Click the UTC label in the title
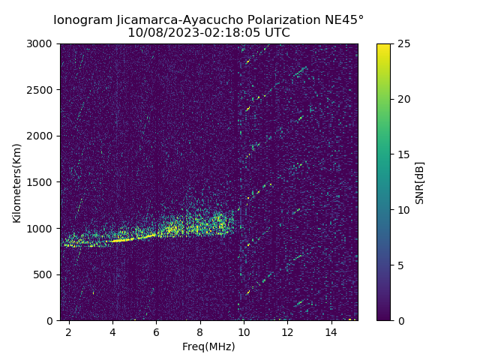click(275, 33)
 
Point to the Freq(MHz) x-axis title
click(208, 346)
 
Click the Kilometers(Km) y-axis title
click(16, 182)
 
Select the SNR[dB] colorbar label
click(420, 182)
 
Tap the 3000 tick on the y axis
click(42, 43)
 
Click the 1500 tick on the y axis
click(42, 182)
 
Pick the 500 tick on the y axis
click(45, 274)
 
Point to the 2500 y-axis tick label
click(42, 90)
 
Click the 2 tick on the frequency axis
click(69, 331)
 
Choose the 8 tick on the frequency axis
click(200, 331)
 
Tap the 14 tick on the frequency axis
click(331, 331)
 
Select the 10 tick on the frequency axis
click(244, 331)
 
